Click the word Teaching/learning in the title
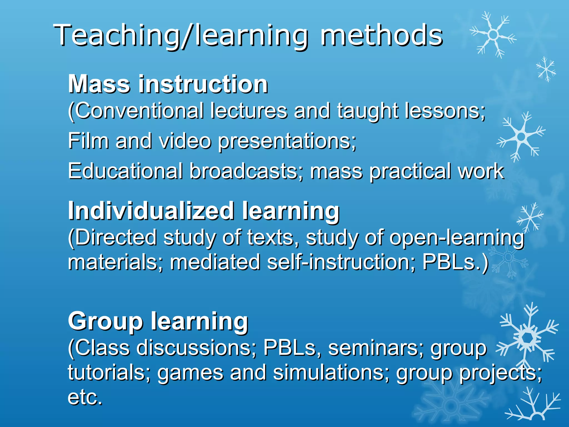[x=181, y=36]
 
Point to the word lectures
[x=249, y=111]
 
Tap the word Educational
[x=125, y=171]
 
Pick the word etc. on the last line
[x=85, y=397]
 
